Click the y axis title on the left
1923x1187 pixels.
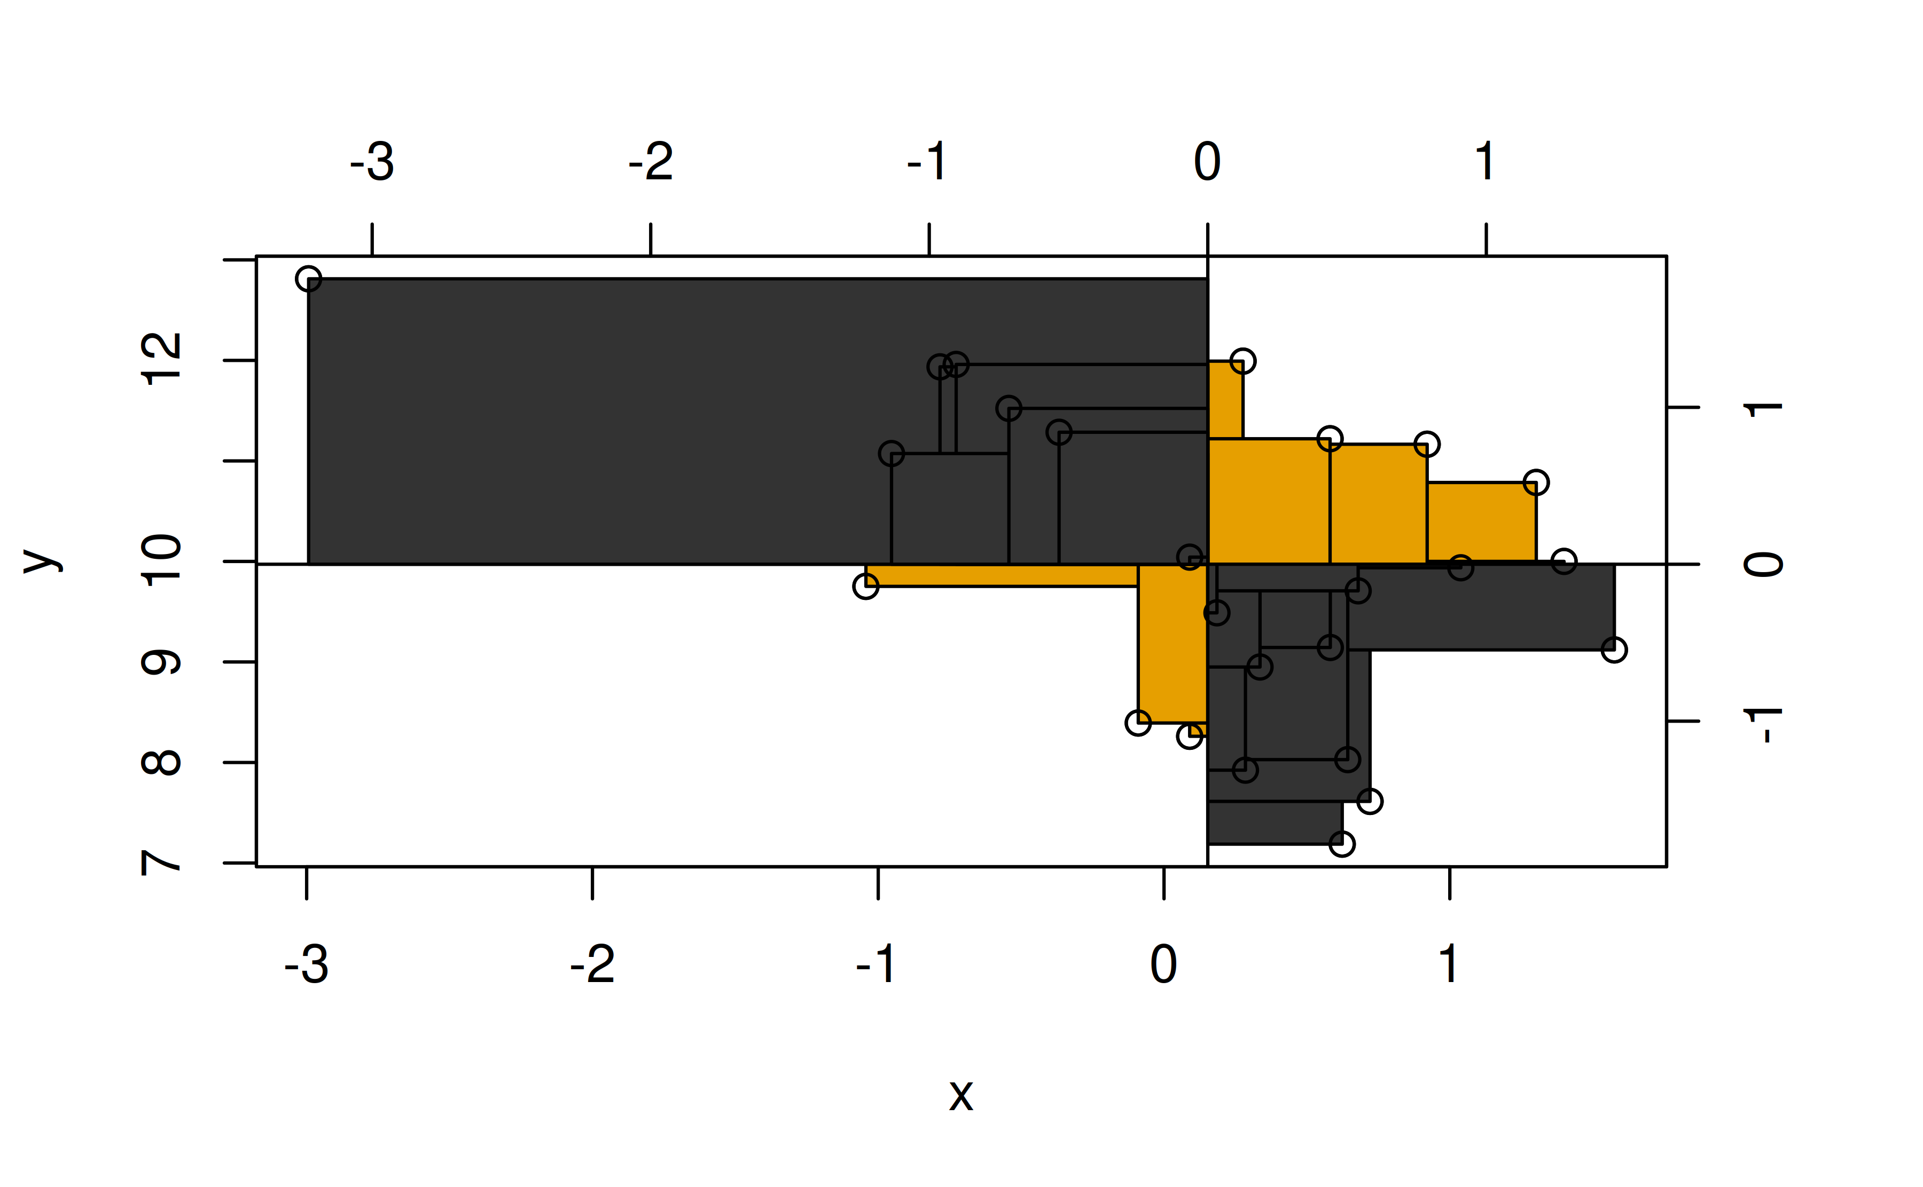tap(42, 560)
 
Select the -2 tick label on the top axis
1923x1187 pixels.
tap(651, 162)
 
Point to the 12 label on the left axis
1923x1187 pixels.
tap(161, 360)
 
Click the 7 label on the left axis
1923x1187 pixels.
tap(161, 863)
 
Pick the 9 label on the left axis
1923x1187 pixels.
tap(161, 662)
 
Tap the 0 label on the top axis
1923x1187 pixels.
tap(1207, 162)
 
